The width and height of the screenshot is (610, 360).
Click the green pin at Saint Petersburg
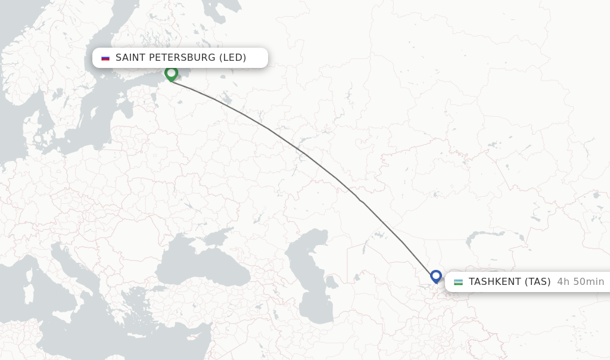tap(172, 73)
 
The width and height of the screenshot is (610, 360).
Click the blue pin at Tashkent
tap(436, 277)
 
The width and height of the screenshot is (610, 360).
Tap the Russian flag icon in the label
tap(105, 58)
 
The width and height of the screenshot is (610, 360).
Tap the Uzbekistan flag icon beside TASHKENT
tap(458, 282)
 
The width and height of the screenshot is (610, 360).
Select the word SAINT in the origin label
tap(131, 58)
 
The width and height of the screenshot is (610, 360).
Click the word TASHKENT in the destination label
tap(494, 282)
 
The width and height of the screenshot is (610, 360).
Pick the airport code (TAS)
tap(537, 282)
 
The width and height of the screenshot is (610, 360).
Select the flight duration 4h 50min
tap(581, 282)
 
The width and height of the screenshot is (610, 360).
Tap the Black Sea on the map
tap(203, 268)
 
